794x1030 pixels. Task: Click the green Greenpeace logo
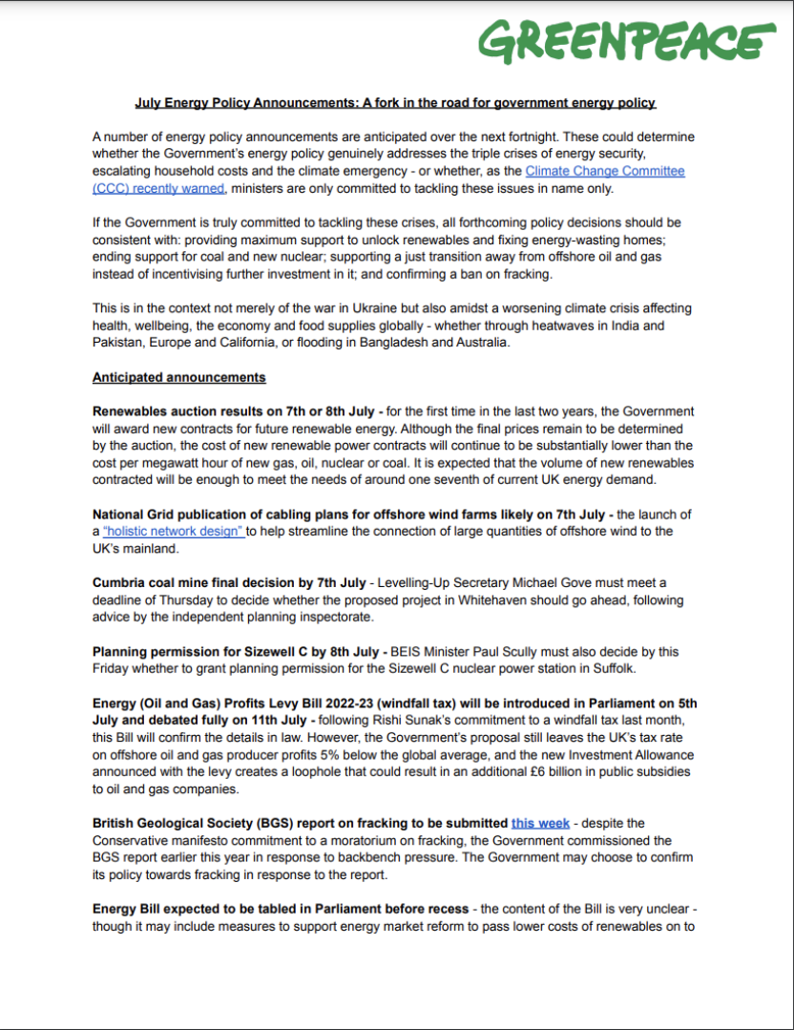pyautogui.click(x=626, y=42)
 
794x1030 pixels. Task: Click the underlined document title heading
pyautogui.click(x=395, y=102)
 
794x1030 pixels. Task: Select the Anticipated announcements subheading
pyautogui.click(x=178, y=377)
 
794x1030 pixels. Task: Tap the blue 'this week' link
pyautogui.click(x=540, y=822)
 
